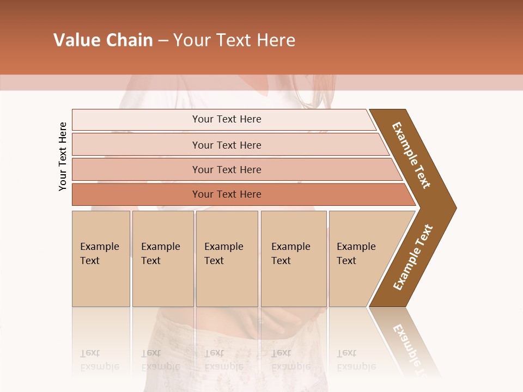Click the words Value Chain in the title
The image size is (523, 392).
pyautogui.click(x=103, y=40)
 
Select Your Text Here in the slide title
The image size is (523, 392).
pyautogui.click(x=234, y=40)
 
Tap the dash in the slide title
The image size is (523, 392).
pyautogui.click(x=163, y=41)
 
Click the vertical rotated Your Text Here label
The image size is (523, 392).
pyautogui.click(x=63, y=156)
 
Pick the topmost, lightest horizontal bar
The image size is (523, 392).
pyautogui.click(x=226, y=119)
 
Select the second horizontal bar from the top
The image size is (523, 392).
pyautogui.click(x=226, y=145)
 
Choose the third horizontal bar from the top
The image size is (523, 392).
pyautogui.click(x=226, y=169)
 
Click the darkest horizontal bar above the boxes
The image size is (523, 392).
pyautogui.click(x=226, y=194)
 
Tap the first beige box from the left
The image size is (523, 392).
pyautogui.click(x=101, y=259)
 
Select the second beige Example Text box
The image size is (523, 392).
pyautogui.click(x=162, y=259)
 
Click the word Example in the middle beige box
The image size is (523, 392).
pyautogui.click(x=223, y=247)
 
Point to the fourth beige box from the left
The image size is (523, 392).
pyautogui.click(x=293, y=259)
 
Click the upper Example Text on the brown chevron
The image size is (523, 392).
pyautogui.click(x=411, y=155)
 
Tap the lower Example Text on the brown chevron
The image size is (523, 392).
pyautogui.click(x=412, y=257)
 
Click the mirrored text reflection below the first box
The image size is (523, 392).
pyautogui.click(x=99, y=360)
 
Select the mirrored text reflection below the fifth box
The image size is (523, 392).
pyautogui.click(x=356, y=360)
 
